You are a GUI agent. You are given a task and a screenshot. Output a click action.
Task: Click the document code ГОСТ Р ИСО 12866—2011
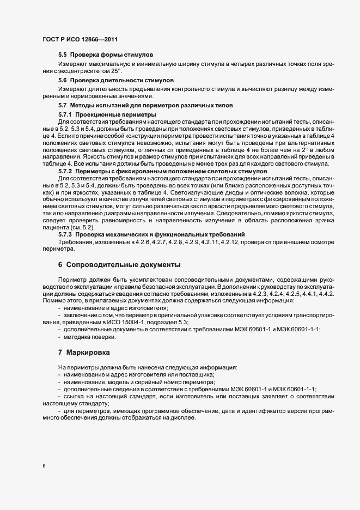tap(80, 40)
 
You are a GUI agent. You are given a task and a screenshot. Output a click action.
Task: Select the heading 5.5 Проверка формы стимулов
tap(106, 56)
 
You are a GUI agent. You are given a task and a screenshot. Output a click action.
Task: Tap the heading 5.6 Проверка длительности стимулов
tap(115, 80)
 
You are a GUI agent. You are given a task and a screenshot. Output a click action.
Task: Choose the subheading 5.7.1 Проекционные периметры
tap(107, 114)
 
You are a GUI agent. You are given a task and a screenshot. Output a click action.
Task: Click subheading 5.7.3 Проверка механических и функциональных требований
tap(151, 234)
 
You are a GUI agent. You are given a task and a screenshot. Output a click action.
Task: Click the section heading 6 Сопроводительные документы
tap(119, 264)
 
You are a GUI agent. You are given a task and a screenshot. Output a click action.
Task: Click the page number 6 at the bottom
tap(43, 466)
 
